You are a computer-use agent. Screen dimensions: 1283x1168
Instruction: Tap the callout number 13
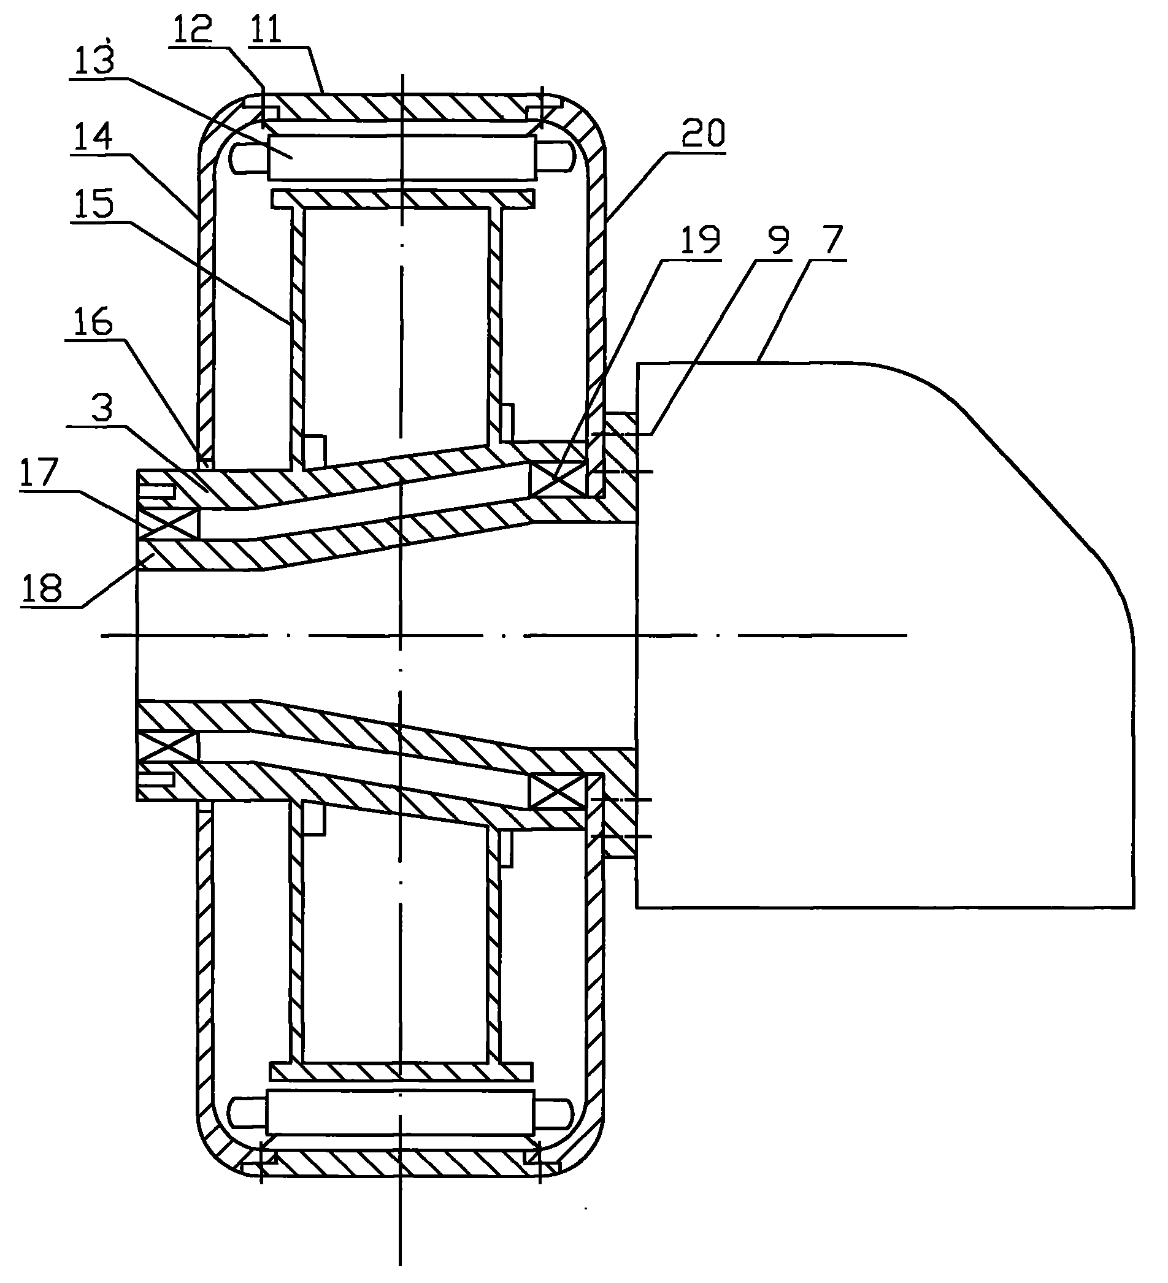pyautogui.click(x=94, y=61)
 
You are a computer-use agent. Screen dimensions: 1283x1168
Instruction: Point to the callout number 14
pyautogui.click(x=92, y=137)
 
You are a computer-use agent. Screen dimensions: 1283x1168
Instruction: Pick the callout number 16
pyautogui.click(x=93, y=322)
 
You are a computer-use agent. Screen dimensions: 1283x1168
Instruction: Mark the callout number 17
pyautogui.click(x=39, y=472)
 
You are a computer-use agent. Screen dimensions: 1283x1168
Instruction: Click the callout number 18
pyautogui.click(x=42, y=588)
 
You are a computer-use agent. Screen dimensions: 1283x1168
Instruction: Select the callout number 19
pyautogui.click(x=700, y=240)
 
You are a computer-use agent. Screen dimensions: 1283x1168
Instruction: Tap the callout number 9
pyautogui.click(x=778, y=240)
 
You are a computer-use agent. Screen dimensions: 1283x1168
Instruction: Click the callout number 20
pyautogui.click(x=704, y=134)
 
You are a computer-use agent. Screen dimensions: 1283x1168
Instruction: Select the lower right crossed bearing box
pyautogui.click(x=556, y=791)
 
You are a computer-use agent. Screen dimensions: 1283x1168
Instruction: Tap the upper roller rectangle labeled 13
pyautogui.click(x=401, y=157)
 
